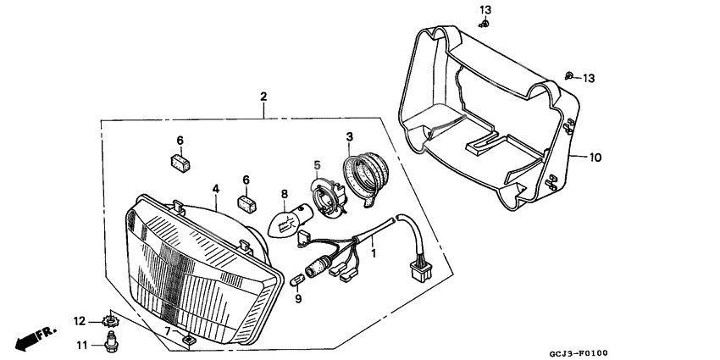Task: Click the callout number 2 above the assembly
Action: pos(263,97)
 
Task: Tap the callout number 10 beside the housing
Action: pos(595,158)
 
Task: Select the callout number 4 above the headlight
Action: pos(215,188)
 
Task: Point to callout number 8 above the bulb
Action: pos(284,194)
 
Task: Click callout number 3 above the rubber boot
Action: pos(350,137)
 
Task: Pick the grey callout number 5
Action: pos(317,164)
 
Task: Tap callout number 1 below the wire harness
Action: pos(374,253)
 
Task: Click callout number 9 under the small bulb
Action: pos(298,299)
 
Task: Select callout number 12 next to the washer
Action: pos(80,321)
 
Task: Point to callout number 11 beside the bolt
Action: pos(81,345)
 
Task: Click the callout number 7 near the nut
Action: pos(168,331)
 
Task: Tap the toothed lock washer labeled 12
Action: pos(110,320)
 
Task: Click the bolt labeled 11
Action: pos(110,343)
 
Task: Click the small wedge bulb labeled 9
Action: pos(298,278)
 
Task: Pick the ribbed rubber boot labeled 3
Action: pos(366,177)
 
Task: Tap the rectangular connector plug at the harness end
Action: pos(420,271)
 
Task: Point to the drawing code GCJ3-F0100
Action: pos(578,352)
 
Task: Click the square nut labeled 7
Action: pos(187,340)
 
